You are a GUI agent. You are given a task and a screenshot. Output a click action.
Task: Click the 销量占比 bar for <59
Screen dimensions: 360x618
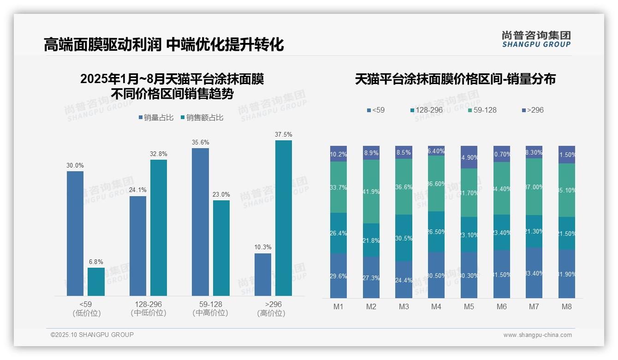pyautogui.click(x=75, y=233)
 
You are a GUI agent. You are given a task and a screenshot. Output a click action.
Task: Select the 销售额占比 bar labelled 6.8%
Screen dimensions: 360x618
pyautogui.click(x=96, y=282)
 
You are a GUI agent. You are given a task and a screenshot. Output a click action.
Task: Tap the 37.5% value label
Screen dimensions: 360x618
pyautogui.click(x=283, y=134)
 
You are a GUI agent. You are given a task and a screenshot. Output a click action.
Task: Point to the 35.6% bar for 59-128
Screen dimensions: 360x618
pyautogui.click(x=200, y=222)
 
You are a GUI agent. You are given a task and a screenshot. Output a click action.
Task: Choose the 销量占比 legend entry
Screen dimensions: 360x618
pyautogui.click(x=156, y=118)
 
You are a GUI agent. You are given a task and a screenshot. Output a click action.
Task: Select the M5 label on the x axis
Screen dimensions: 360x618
pyautogui.click(x=469, y=306)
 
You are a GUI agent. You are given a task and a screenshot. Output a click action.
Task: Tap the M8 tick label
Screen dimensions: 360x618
pyautogui.click(x=567, y=306)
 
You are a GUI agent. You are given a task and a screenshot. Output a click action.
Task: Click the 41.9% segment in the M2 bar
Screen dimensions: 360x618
pyautogui.click(x=371, y=192)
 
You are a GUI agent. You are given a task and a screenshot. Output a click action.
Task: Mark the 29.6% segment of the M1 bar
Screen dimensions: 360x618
pyautogui.click(x=338, y=276)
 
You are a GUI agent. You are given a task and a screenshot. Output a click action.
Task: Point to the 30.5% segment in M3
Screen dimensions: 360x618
pyautogui.click(x=404, y=238)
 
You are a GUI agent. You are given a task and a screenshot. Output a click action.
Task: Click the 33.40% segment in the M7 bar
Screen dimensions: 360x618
pyautogui.click(x=534, y=273)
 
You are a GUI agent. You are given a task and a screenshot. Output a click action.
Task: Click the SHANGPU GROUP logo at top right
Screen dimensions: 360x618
pyautogui.click(x=536, y=39)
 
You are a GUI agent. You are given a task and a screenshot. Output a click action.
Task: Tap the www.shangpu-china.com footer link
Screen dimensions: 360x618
pyautogui.click(x=537, y=335)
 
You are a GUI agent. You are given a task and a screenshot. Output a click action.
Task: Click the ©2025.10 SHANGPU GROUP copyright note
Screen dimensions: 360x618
pyautogui.click(x=92, y=335)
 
